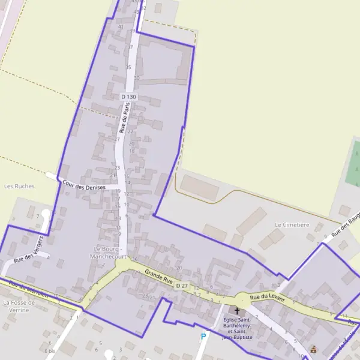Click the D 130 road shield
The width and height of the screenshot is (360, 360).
128,97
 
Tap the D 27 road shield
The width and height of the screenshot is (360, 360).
182,286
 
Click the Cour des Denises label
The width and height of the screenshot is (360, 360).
84,186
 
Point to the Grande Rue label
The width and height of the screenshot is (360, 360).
159,277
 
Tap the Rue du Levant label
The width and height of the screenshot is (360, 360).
267,296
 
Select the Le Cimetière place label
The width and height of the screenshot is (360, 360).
292,224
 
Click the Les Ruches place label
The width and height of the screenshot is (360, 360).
19,186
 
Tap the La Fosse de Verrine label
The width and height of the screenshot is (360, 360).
20,306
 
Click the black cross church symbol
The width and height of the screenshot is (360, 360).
236,311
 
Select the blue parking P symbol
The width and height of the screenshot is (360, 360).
203,337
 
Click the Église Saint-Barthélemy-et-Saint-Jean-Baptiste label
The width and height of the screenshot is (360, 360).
237,328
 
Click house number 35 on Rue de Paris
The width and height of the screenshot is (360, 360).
128,67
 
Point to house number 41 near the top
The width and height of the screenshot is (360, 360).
121,26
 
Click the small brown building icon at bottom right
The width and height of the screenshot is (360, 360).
313,349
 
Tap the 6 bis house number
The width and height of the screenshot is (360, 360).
49,350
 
